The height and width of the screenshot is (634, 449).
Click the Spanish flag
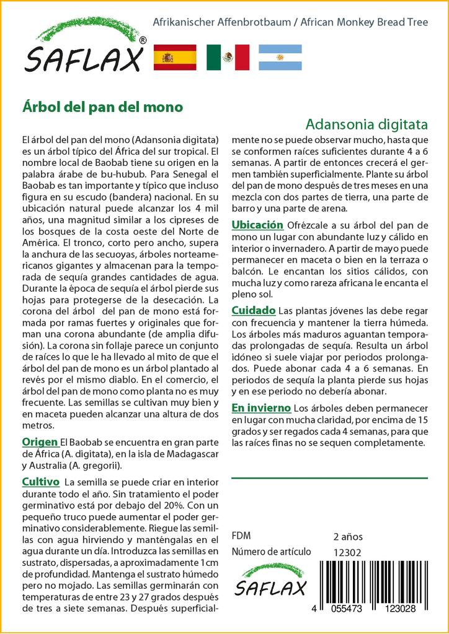174,58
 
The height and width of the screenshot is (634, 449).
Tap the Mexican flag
228,58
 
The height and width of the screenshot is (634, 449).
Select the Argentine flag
280,58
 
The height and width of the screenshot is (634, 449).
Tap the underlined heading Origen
40,442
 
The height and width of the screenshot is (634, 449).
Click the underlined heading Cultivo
40,482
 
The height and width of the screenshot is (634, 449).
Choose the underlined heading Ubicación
257,224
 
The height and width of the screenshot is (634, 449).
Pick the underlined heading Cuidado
253,310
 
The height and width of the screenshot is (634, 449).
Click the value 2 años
348,536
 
